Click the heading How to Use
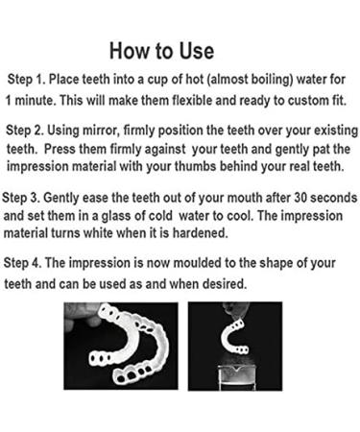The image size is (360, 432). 161,49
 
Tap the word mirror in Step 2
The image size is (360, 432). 109,130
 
